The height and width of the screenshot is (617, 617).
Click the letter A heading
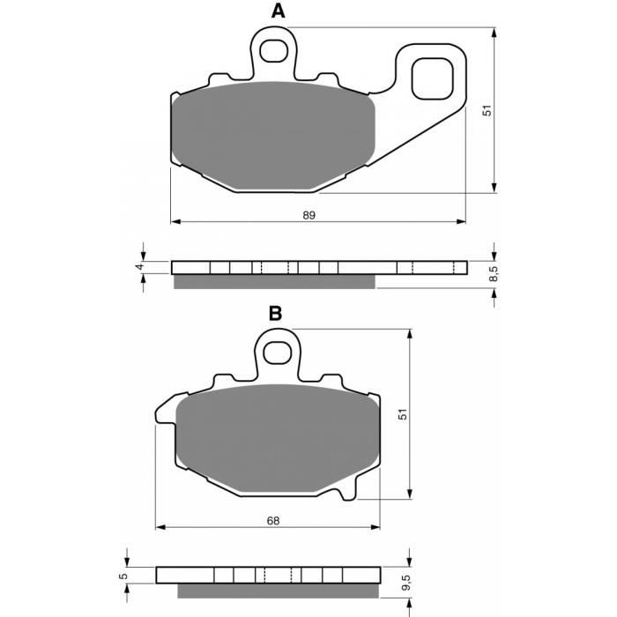click(278, 11)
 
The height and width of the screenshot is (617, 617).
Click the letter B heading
click(275, 314)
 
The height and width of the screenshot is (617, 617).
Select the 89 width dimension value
click(308, 215)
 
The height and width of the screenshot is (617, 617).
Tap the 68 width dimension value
click(273, 521)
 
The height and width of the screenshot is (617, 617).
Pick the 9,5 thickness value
click(406, 583)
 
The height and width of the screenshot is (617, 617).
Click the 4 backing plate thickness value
click(139, 267)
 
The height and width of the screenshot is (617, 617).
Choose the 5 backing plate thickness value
click(123, 576)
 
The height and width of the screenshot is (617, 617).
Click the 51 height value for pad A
click(487, 110)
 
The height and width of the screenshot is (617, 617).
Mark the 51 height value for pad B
click(403, 414)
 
